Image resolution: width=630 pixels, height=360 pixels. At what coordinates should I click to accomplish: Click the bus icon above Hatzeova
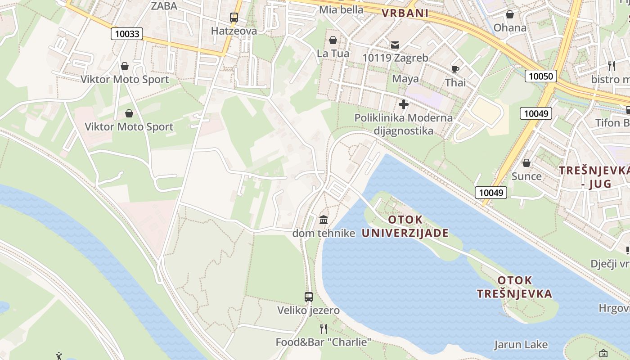coord(234,18)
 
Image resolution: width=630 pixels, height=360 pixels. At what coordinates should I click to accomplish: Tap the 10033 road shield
coord(127,34)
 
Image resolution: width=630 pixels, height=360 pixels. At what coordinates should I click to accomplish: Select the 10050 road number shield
coord(540,76)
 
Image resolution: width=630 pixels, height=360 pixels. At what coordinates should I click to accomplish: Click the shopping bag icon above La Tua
coord(333,40)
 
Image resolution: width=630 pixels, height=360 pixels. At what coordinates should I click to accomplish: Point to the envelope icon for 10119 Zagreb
coord(395,45)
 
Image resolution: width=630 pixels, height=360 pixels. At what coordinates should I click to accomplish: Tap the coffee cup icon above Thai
coord(455,69)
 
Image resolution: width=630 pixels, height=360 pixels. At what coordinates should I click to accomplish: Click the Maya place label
coord(405,79)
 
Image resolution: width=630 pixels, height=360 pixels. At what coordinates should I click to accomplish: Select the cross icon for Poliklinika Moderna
coord(404,105)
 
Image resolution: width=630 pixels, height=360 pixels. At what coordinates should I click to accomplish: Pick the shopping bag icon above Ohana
coord(510,15)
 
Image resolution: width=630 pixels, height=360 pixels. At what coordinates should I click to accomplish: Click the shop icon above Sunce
coord(526,163)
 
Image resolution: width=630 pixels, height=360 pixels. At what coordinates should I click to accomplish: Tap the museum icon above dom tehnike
coord(324,220)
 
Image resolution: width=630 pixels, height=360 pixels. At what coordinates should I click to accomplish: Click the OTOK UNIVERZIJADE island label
coord(405,226)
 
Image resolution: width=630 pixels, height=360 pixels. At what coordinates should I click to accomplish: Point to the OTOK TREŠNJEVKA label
coord(514,287)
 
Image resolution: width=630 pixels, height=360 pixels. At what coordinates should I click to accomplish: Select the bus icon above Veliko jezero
coord(308,297)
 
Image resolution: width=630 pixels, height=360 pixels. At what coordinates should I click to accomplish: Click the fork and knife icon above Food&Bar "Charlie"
coord(324,329)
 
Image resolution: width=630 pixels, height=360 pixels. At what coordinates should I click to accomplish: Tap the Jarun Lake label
coord(521,345)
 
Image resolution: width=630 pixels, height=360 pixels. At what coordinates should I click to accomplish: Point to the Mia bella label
coord(341,9)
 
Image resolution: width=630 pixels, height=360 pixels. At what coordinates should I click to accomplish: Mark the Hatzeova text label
coord(234,31)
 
